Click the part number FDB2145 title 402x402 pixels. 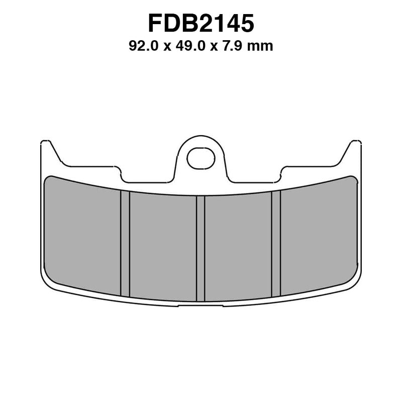[x=200, y=24]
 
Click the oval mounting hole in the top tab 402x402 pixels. [x=200, y=158]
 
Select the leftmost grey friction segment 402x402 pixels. [x=82, y=236]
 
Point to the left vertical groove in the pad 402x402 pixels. [x=125, y=244]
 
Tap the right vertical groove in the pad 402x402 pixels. [x=276, y=244]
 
